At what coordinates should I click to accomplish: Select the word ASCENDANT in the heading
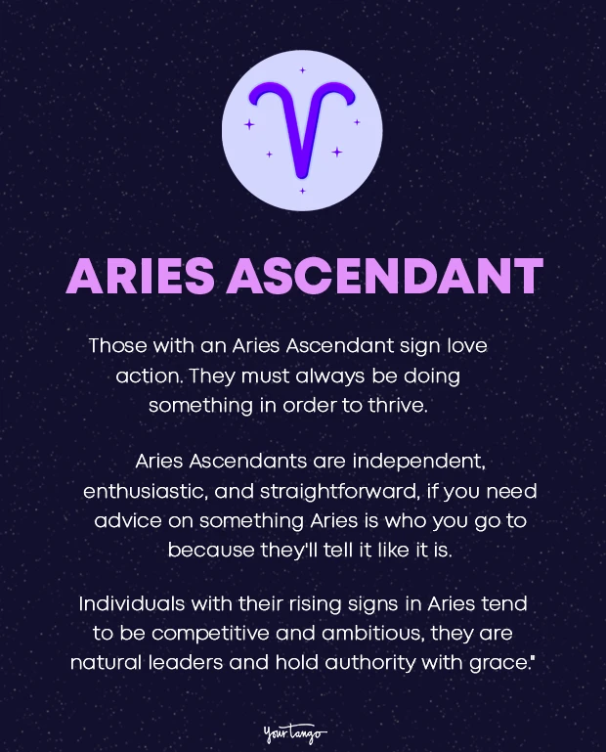[384, 277]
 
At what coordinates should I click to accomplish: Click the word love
[464, 345]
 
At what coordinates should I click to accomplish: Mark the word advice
[126, 519]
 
